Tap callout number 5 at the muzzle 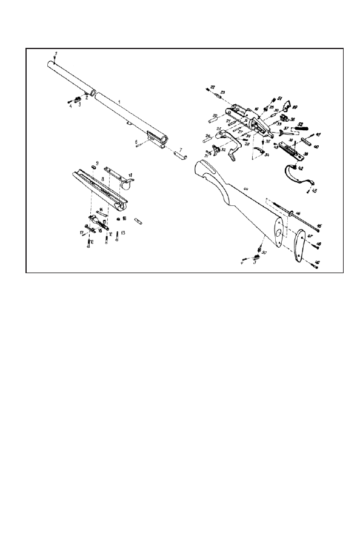pyautogui.click(x=55, y=55)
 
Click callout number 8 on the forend pyautogui.click(x=104, y=179)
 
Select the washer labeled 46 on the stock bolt pyautogui.click(x=292, y=213)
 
